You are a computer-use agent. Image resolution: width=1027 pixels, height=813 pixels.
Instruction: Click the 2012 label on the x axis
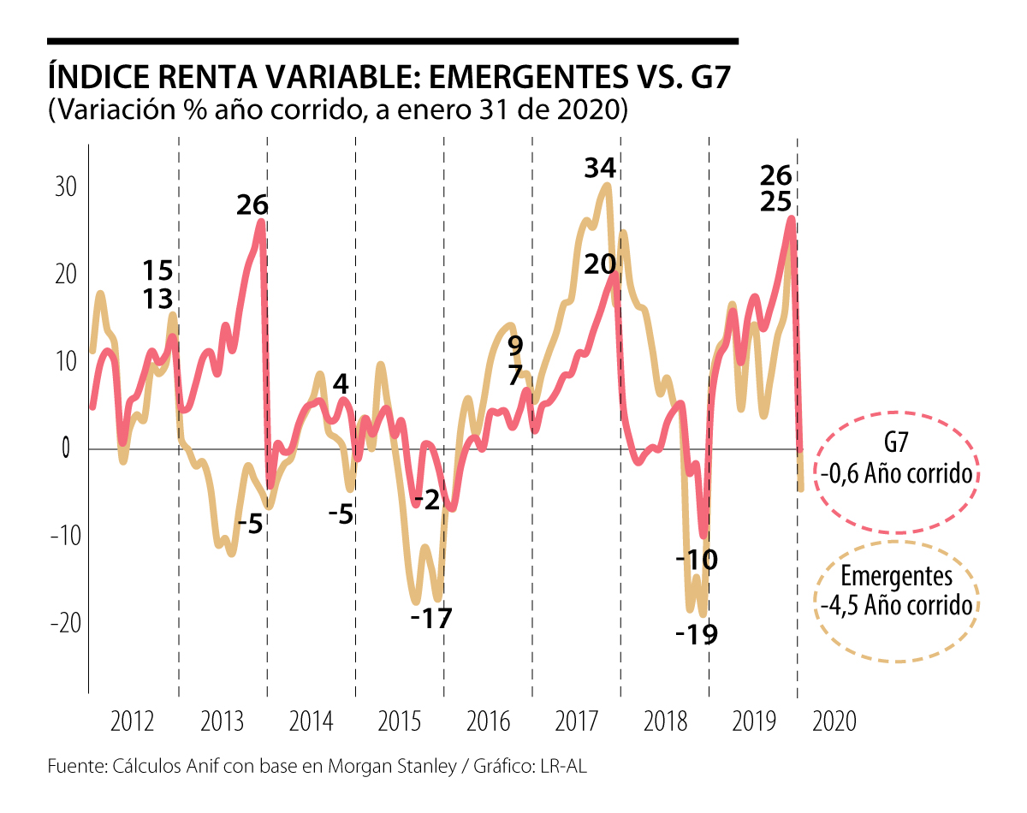click(x=133, y=721)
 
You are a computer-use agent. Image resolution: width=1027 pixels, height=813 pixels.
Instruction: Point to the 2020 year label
click(x=834, y=721)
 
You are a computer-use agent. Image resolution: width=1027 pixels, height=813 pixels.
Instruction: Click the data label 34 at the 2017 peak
click(x=601, y=169)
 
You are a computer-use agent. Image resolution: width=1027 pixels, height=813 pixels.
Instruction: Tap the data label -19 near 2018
click(x=696, y=635)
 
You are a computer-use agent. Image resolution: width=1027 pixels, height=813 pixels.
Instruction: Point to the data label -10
click(x=696, y=561)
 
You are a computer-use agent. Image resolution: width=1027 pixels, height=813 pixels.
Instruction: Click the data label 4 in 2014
click(x=340, y=383)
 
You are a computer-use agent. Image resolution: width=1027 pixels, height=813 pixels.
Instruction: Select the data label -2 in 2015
click(x=425, y=499)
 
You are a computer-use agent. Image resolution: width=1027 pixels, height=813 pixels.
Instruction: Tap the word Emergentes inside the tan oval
click(x=896, y=576)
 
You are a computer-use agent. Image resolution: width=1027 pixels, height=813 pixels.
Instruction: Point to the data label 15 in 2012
click(x=158, y=271)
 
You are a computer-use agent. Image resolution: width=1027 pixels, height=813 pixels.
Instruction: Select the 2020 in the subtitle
click(x=597, y=110)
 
